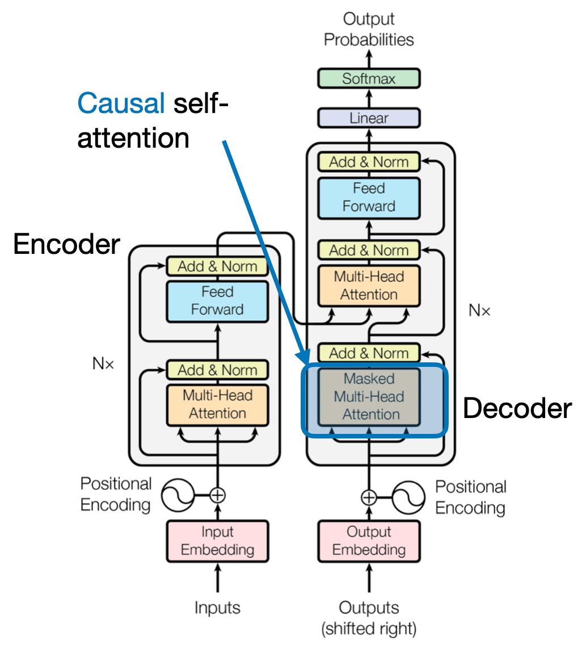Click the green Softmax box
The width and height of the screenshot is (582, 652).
(x=369, y=78)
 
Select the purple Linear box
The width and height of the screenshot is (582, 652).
(x=369, y=118)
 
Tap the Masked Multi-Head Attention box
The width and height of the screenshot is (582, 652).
(x=369, y=396)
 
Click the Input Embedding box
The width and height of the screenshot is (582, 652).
(x=217, y=541)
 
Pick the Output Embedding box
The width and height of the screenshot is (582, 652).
(x=369, y=541)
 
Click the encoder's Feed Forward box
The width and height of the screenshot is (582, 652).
(x=217, y=300)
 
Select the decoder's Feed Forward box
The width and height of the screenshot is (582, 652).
(x=369, y=197)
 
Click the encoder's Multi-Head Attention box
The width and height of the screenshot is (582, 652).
(x=217, y=404)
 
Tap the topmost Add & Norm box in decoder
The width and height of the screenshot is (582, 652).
(x=369, y=162)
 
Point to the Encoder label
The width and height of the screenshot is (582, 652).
(x=66, y=244)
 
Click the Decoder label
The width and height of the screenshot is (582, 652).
(x=517, y=408)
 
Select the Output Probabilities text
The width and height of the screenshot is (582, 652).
(x=369, y=30)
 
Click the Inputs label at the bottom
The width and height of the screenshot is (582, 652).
(x=217, y=608)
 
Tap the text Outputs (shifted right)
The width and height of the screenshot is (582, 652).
(x=369, y=617)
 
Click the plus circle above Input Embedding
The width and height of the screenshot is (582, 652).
(x=217, y=495)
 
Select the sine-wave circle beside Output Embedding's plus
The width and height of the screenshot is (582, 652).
(x=409, y=498)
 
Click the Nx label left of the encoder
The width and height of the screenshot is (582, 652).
(x=103, y=364)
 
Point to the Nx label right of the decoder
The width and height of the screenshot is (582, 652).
(x=479, y=310)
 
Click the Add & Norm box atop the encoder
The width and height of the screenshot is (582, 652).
(x=217, y=266)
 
